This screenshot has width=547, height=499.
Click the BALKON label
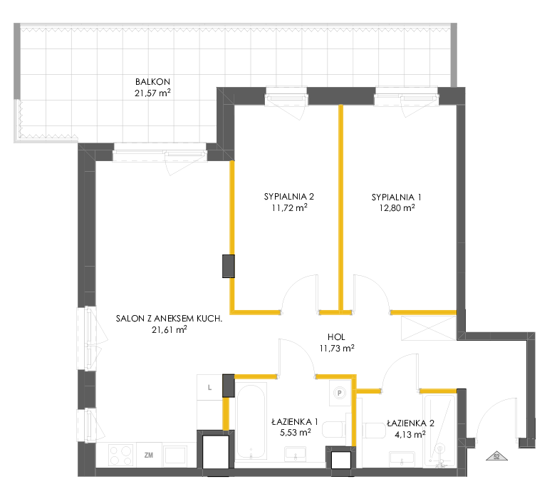[153, 82]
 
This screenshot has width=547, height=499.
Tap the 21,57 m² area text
[153, 93]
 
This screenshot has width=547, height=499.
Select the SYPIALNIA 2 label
[289, 197]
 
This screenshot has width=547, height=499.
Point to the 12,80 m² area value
[397, 208]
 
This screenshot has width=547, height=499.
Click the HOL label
[336, 337]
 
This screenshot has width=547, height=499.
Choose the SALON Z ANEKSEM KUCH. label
[170, 319]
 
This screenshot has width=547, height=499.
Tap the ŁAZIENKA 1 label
[295, 421]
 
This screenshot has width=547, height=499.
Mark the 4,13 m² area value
[410, 435]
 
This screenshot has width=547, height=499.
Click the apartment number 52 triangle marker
[496, 456]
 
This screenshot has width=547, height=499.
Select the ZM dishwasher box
[149, 455]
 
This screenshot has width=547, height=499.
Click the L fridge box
[209, 388]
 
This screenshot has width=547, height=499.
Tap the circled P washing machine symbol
[340, 393]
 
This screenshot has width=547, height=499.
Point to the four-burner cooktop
[121, 456]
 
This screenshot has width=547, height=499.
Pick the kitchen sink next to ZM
[175, 456]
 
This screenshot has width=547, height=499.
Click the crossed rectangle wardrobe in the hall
[428, 328]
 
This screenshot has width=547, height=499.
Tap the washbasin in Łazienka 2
[402, 459]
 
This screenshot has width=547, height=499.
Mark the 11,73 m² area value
[337, 349]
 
